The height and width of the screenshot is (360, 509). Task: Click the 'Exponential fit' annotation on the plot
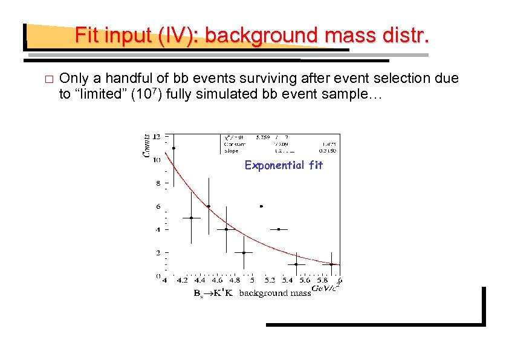[284, 165]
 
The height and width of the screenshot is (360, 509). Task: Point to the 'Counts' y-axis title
[147, 146]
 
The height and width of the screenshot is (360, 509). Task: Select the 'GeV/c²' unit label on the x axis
[326, 290]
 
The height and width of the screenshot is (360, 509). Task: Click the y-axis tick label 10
[157, 160]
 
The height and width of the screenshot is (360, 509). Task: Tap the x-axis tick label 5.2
[269, 281]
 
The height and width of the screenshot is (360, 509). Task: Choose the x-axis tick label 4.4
[199, 281]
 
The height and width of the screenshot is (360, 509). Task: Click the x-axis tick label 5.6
[304, 281]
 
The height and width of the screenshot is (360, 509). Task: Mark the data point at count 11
[173, 148]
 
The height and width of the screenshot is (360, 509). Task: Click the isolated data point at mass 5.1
[261, 206]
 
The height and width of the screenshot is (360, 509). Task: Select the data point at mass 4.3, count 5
[191, 218]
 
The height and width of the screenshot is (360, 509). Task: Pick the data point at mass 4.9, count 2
[244, 252]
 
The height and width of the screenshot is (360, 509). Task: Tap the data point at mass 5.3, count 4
[279, 229]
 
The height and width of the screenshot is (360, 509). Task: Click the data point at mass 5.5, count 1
[296, 264]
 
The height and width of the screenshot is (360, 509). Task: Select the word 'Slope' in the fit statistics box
[230, 150]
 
